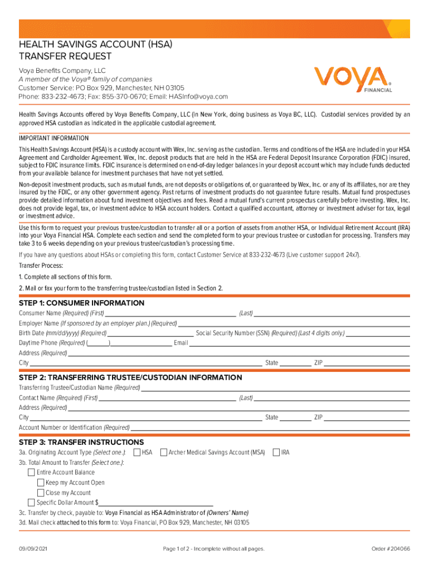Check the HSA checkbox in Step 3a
[x=137, y=453]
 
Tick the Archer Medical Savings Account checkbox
[x=164, y=453]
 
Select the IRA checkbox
[x=276, y=453]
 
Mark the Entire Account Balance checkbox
[x=31, y=473]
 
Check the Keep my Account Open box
[x=41, y=483]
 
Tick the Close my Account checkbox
[x=41, y=493]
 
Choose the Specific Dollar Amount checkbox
[x=31, y=503]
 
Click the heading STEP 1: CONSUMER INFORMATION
[x=81, y=303]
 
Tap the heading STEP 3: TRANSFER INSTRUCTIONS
[x=81, y=443]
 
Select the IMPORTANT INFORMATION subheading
[x=53, y=138]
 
